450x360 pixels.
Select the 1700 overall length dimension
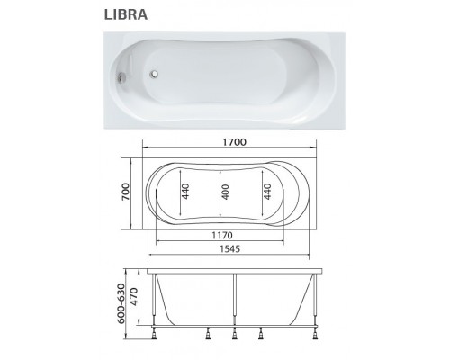pos(236,141)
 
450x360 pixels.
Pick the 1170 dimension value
pos(222,234)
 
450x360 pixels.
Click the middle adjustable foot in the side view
pos(234,337)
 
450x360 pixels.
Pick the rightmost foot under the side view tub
pos(317,337)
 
